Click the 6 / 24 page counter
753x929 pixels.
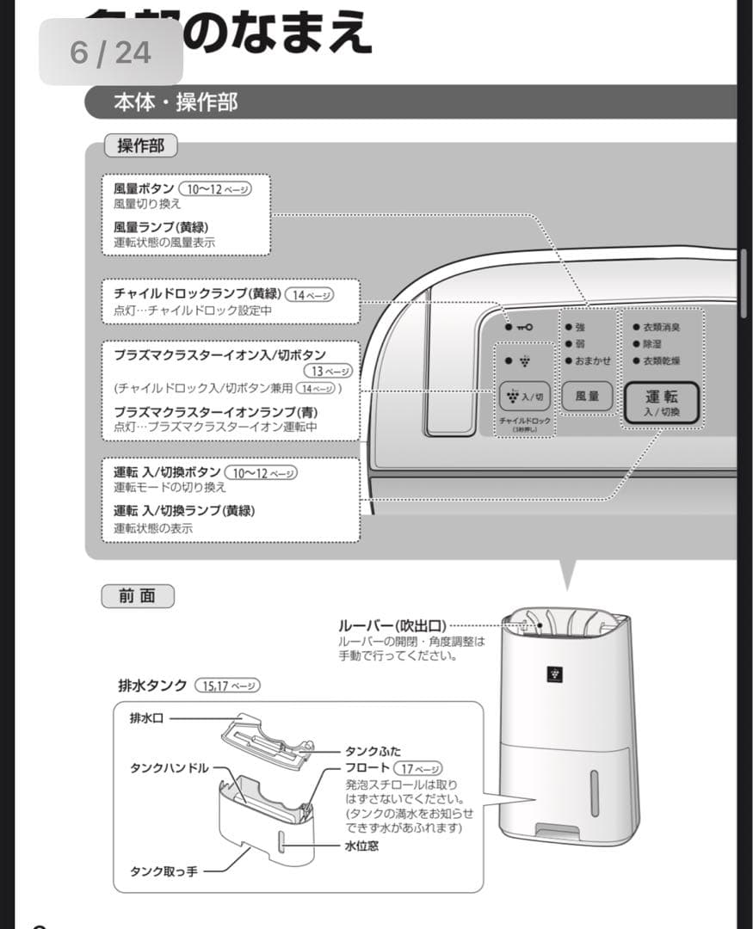tap(110, 52)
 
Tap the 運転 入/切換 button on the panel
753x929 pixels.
tap(662, 402)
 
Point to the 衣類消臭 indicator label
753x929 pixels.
tap(662, 327)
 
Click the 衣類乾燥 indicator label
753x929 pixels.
tap(662, 360)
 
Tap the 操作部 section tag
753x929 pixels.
tap(140, 146)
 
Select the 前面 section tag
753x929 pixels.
tap(138, 596)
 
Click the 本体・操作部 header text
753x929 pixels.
tap(176, 102)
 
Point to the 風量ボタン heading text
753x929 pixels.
tap(144, 188)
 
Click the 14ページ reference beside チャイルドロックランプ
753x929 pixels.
tap(309, 294)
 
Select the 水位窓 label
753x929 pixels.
tap(361, 846)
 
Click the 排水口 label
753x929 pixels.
tap(146, 718)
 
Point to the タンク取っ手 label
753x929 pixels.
tap(164, 871)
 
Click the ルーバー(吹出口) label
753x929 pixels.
tap(392, 625)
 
